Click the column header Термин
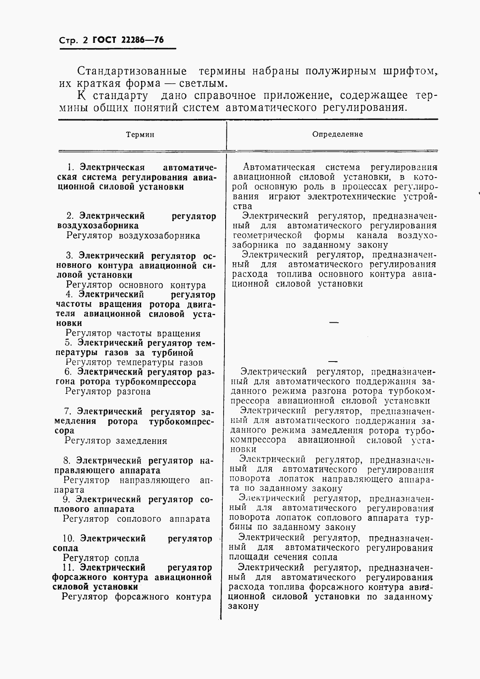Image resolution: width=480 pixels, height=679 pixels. (140, 135)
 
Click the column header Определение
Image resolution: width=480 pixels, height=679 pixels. (337, 134)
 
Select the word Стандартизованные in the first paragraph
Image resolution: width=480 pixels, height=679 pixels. (132, 71)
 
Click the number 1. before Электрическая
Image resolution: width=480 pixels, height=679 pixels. (71, 167)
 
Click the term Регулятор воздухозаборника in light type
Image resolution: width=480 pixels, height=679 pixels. (133, 236)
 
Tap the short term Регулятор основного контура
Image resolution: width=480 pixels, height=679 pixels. (136, 285)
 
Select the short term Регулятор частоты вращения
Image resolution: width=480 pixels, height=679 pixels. (133, 334)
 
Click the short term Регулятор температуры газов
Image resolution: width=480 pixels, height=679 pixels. (134, 362)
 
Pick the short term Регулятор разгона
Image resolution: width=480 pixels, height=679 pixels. (108, 391)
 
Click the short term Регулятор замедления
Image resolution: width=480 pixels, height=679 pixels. (116, 441)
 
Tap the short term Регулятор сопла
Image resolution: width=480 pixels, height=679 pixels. (101, 558)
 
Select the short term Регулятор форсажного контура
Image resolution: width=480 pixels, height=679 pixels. (136, 597)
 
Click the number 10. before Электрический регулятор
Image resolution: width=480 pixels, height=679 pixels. (69, 539)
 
